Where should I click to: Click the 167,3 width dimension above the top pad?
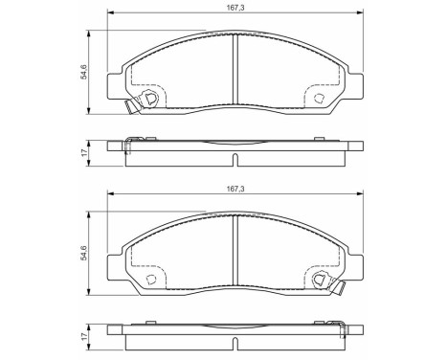point(235,6)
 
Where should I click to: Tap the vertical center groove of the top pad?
point(235,69)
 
